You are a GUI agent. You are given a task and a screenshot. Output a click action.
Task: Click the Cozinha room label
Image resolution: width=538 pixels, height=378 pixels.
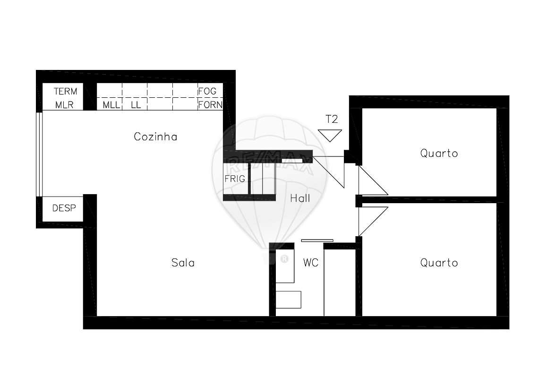(x=155, y=137)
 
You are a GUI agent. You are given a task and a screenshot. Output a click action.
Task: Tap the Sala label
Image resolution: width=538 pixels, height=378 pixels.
(x=183, y=263)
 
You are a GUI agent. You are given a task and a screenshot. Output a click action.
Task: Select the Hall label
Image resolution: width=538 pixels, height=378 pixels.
(x=300, y=198)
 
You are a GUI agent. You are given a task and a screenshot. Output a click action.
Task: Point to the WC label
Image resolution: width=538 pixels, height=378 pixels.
(x=311, y=263)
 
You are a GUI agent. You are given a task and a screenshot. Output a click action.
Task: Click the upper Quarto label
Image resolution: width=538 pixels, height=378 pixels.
(x=439, y=153)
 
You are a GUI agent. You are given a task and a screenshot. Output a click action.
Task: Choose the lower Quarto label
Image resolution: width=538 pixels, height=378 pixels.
(x=439, y=263)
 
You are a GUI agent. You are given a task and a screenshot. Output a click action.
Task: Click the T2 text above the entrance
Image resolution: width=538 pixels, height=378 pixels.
(x=332, y=119)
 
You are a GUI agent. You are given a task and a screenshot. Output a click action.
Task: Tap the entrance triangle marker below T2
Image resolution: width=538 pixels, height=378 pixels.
(x=330, y=136)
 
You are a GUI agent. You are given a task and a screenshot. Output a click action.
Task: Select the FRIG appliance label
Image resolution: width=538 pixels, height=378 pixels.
(x=235, y=179)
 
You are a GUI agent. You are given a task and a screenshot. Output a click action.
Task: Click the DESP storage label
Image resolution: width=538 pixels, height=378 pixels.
(x=64, y=208)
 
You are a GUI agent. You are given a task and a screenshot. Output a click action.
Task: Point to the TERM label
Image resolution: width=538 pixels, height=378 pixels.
(x=66, y=91)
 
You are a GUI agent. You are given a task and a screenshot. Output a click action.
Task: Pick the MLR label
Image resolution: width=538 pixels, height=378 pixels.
(x=65, y=105)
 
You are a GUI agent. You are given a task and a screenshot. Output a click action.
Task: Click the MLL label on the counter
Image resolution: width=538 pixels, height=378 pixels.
(x=111, y=105)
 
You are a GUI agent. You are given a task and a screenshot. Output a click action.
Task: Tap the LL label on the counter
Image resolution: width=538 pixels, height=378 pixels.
(x=136, y=105)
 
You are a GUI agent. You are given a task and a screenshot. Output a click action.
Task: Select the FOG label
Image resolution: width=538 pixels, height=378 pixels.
(x=207, y=91)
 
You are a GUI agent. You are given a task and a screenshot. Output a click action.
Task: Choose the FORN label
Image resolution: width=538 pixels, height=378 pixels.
(x=210, y=104)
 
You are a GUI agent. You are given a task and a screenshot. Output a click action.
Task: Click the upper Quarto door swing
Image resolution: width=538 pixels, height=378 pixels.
(x=373, y=180)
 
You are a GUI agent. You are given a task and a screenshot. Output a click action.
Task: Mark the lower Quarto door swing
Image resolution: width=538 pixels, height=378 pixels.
(x=373, y=222)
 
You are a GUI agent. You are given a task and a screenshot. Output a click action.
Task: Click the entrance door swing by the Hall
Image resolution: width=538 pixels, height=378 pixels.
(x=328, y=172)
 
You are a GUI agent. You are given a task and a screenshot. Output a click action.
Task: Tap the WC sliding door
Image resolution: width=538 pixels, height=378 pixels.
(x=317, y=241)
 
